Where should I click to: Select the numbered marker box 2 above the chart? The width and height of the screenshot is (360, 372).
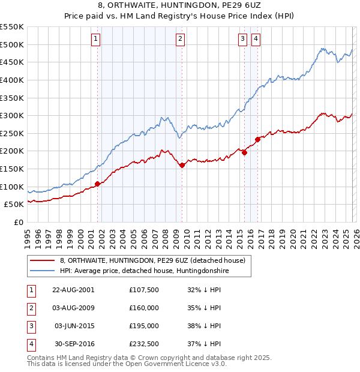pos(180,40)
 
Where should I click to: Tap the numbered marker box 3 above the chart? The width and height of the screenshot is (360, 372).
pos(242,40)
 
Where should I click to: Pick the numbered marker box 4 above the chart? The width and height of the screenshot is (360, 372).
pos(256,40)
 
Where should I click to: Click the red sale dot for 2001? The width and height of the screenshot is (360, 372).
pos(97,184)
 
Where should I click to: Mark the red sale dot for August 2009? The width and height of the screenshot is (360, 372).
pos(182,165)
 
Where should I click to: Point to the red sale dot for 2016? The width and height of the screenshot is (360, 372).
pos(257,139)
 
